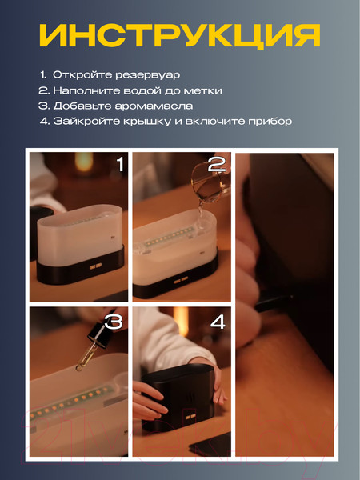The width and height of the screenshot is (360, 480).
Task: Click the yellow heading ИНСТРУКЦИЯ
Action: pyautogui.click(x=180, y=34)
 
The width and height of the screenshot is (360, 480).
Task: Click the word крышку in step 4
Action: pyautogui.click(x=161, y=122)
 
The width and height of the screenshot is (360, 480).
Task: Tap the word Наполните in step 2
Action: pyautogui.click(x=78, y=90)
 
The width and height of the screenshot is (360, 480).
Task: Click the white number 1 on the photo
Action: pyautogui.click(x=120, y=165)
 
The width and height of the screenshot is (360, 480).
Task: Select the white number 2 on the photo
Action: pyautogui.click(x=216, y=166)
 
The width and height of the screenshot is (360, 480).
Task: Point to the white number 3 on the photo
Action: pyautogui.click(x=114, y=322)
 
